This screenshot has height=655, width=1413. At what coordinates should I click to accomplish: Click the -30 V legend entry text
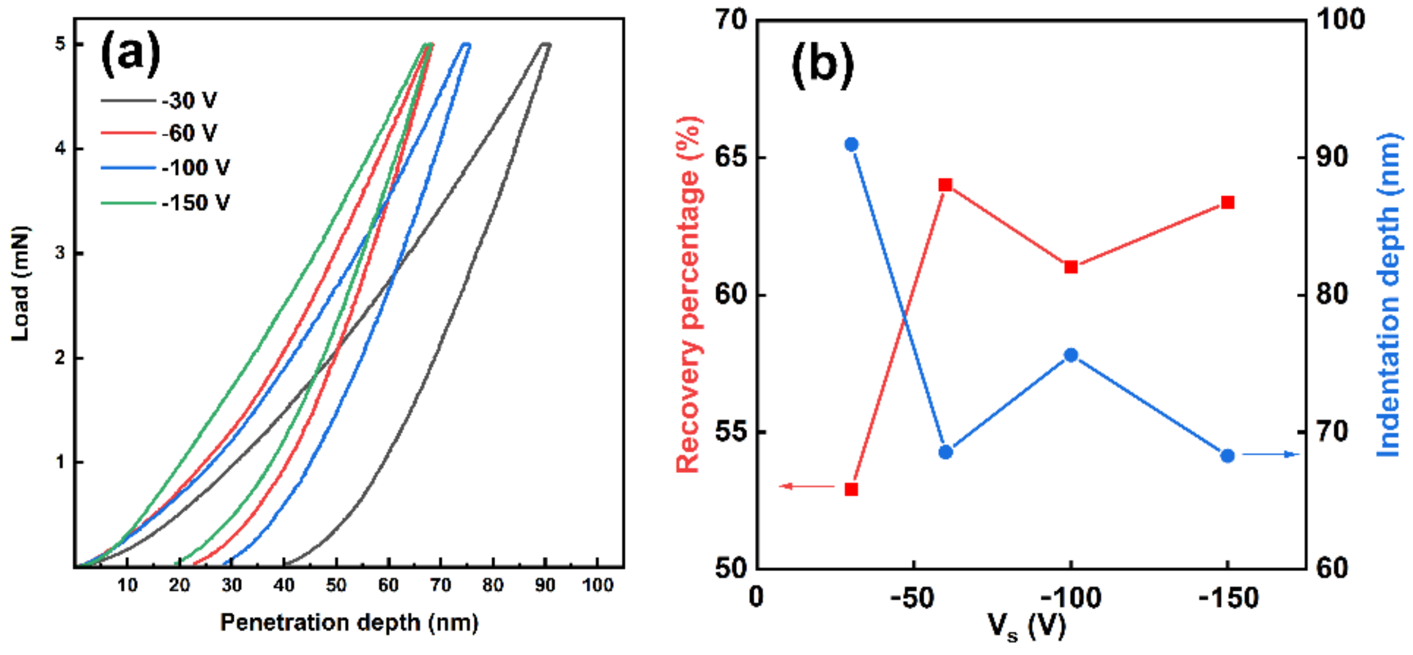[189, 101]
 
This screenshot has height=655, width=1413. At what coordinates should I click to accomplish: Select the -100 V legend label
[196, 168]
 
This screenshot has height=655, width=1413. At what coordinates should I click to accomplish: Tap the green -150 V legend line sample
[128, 203]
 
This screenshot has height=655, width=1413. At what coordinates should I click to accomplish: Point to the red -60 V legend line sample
[128, 133]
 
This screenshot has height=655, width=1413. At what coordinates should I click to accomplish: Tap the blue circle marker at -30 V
[851, 144]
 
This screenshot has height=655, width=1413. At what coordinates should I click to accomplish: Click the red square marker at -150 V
[1227, 202]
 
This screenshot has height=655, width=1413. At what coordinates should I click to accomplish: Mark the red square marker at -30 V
[851, 489]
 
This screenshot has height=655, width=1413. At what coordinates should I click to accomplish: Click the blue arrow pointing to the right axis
[1269, 454]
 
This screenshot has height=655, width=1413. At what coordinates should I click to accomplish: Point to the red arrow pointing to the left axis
[806, 486]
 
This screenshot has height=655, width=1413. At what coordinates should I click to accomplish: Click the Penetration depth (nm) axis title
[349, 623]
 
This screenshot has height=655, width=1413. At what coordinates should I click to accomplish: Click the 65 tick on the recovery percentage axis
[731, 157]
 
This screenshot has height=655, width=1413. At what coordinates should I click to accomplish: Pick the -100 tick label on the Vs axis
[1071, 597]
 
